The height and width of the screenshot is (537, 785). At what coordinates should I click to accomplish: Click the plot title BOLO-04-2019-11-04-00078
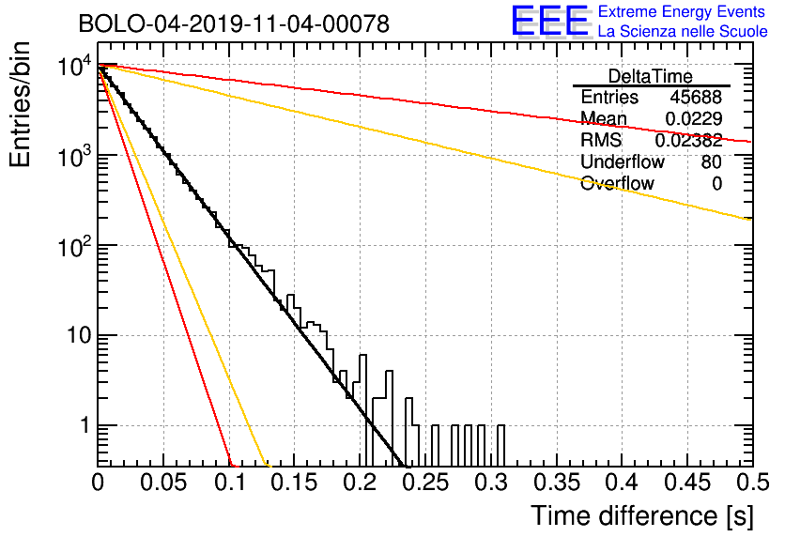[234, 23]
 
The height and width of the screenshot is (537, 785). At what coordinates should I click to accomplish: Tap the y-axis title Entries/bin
[20, 104]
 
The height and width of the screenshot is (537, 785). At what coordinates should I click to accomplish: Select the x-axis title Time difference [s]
[642, 516]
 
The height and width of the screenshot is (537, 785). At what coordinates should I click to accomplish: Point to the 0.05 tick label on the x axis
[163, 483]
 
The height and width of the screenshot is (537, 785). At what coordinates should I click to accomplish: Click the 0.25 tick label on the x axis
[425, 483]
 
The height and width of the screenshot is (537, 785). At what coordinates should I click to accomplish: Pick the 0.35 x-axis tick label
[557, 483]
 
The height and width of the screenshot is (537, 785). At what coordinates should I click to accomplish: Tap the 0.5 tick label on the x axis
[752, 483]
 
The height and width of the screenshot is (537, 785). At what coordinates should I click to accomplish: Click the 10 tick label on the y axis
[80, 335]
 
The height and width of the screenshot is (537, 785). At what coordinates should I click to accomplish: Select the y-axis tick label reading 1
[85, 425]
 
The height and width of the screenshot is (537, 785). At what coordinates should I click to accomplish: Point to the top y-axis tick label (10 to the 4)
[75, 66]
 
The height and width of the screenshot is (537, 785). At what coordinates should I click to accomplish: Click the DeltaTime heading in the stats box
[651, 76]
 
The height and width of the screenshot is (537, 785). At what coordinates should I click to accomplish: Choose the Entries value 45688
[696, 97]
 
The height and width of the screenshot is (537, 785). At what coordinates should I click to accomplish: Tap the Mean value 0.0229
[694, 118]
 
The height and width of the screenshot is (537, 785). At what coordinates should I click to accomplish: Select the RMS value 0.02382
[688, 141]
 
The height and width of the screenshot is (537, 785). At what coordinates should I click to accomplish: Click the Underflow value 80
[712, 161]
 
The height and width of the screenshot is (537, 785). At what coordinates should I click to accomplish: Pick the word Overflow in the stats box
[617, 183]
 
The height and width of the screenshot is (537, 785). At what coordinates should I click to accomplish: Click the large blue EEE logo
[549, 21]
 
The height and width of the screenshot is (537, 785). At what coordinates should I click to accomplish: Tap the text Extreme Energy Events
[682, 11]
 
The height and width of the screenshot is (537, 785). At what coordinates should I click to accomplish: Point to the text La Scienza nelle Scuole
[683, 31]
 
